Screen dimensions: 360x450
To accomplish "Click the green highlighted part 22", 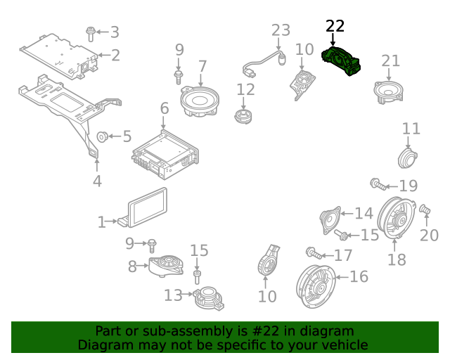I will click(x=342, y=61).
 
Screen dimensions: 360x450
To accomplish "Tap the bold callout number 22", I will click(x=335, y=26).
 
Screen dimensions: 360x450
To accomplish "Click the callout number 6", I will click(x=164, y=108).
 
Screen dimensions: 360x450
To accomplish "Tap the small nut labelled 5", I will click(x=101, y=136).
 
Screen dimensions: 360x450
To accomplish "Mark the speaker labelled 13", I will click(x=207, y=297).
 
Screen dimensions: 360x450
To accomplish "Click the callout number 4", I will click(x=97, y=181).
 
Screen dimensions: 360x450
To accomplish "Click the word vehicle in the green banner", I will click(x=345, y=345).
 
